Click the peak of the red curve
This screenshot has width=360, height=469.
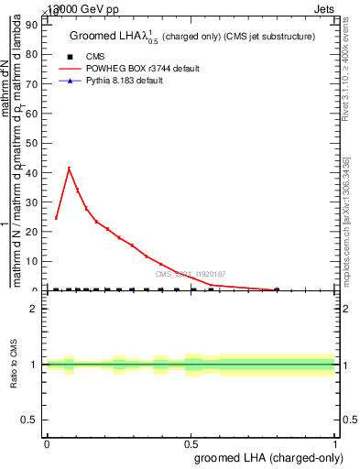[69, 169]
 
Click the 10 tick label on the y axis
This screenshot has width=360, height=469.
[34, 261]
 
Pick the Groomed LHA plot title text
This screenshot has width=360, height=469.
[191, 37]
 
